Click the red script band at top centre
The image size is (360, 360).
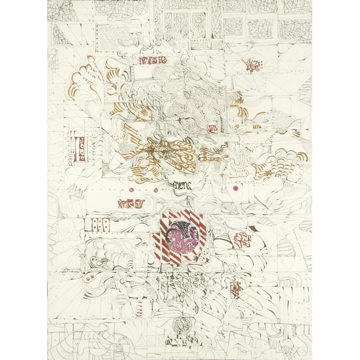click(153, 61)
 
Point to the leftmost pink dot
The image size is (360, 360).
click(132, 190)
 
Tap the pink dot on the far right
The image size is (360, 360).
click(235, 188)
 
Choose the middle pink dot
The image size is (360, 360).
click(155, 190)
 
